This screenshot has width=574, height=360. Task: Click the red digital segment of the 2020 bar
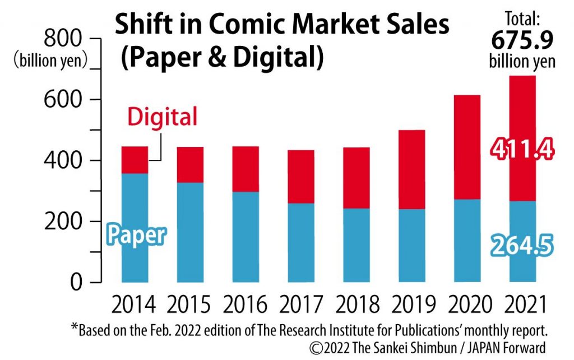[467, 147]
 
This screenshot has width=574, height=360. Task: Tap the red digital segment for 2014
[135, 160]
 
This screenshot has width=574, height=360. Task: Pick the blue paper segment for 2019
[411, 245]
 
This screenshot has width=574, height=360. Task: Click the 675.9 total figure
[522, 40]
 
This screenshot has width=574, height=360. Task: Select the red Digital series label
[162, 117]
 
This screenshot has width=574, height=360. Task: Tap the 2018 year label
[357, 306]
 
